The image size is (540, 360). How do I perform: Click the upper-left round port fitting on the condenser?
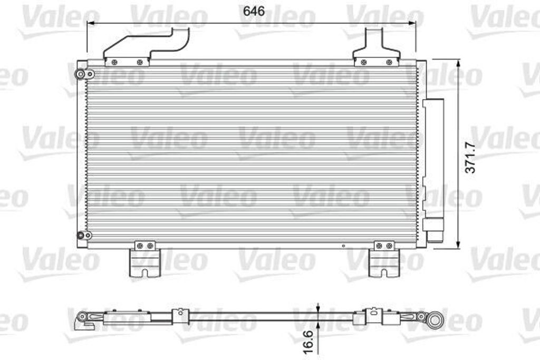point(81,74)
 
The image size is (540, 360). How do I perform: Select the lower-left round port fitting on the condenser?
point(81,235)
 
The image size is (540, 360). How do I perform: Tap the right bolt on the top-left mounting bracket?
point(140,62)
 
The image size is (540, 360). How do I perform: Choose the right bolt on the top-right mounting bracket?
point(389,62)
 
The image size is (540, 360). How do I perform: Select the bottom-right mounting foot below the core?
point(384,262)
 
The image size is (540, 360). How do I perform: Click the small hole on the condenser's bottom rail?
point(343,245)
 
